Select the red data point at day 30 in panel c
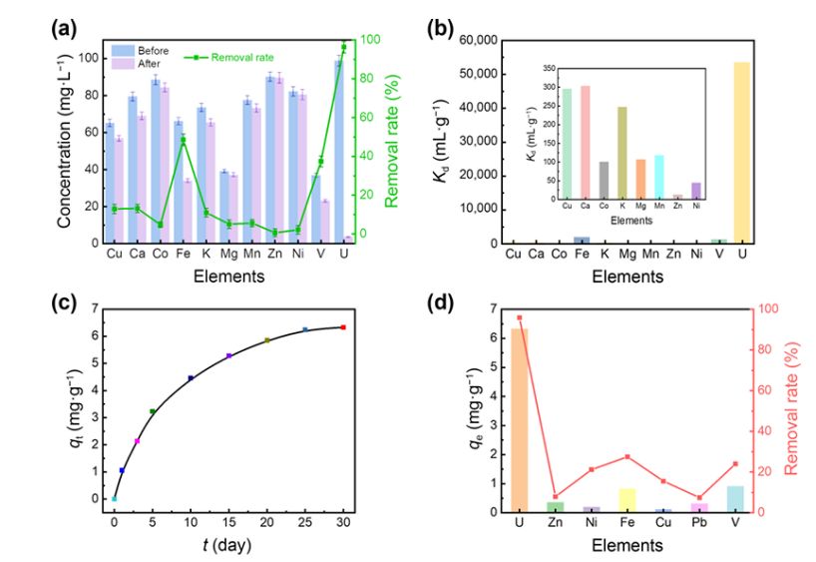tap(343, 327)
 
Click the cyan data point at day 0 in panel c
tap(115, 498)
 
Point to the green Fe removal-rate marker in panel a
tap(184, 141)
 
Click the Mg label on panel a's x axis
tap(228, 255)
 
